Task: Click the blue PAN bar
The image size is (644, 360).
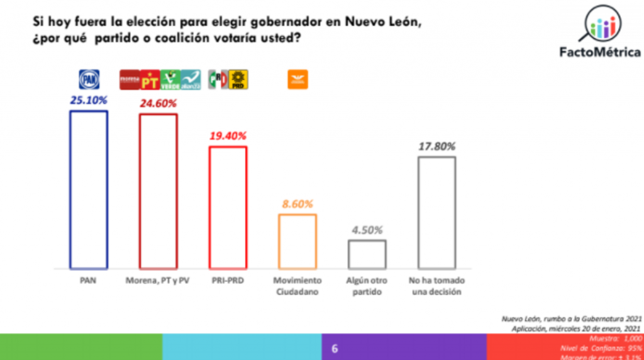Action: click(88, 189)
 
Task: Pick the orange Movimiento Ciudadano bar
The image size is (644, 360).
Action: click(297, 241)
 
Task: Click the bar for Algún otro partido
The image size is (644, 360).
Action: click(367, 254)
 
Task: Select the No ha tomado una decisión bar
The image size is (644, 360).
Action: click(436, 212)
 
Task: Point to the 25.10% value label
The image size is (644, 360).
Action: click(89, 99)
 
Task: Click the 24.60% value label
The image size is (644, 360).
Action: click(158, 103)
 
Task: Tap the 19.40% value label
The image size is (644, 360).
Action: click(228, 135)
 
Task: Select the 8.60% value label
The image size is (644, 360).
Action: click(297, 203)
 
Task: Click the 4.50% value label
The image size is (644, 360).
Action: click(367, 229)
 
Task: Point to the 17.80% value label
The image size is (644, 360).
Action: click(436, 145)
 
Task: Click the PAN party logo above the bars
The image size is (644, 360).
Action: click(89, 79)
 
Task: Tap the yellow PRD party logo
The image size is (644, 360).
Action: click(238, 79)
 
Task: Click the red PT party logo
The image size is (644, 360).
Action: click(150, 79)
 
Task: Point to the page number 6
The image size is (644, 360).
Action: click(335, 348)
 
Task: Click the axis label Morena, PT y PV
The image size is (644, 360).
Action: click(158, 280)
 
